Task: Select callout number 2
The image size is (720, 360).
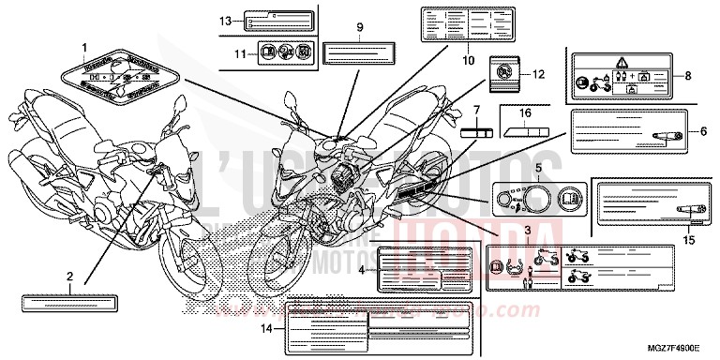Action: coord(68,277)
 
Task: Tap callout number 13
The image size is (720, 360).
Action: coord(225,21)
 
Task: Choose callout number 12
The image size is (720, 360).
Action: coord(537,74)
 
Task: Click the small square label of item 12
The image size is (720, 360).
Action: coord(502,69)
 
